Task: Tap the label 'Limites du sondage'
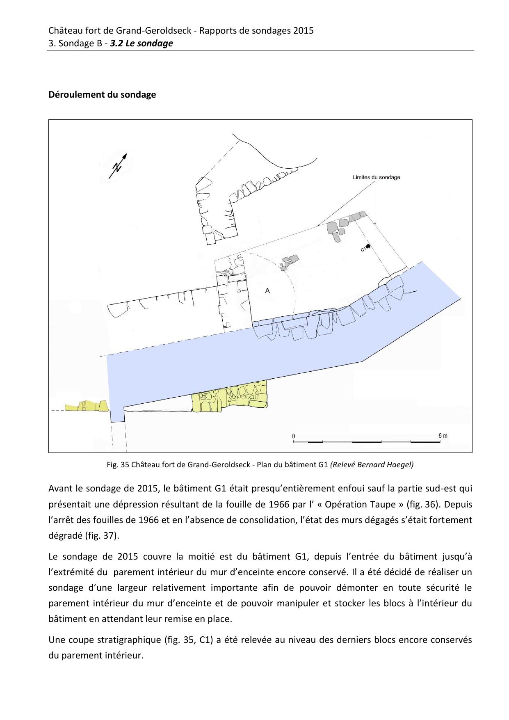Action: (376, 178)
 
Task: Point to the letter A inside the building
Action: (267, 290)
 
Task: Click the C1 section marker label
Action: (363, 248)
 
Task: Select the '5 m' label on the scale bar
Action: (443, 435)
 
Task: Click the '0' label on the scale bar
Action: (293, 436)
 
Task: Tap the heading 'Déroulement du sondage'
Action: (102, 95)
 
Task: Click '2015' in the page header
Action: (304, 30)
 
